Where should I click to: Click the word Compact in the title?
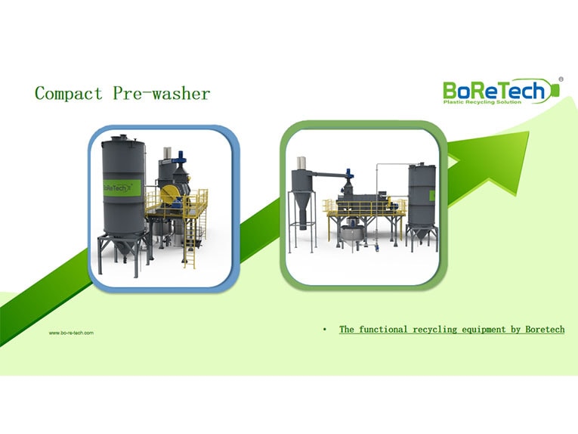68,94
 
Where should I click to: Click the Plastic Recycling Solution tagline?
482,102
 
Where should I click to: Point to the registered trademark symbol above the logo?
560,78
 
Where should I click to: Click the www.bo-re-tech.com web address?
71,333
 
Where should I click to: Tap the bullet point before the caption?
324,330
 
